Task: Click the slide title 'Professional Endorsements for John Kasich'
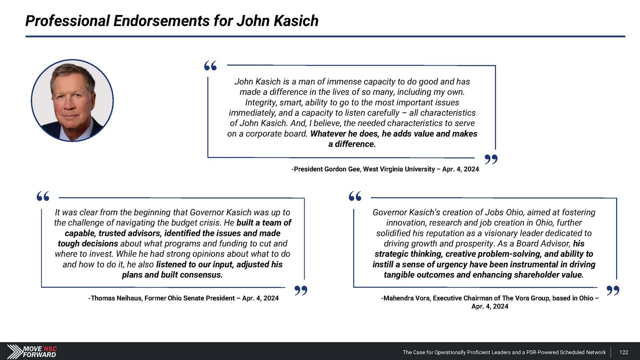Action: [x=172, y=21]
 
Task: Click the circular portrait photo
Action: [x=73, y=101]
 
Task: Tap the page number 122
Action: [x=623, y=352]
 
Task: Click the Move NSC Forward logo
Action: [x=32, y=351]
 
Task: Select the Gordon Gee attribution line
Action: [x=385, y=169]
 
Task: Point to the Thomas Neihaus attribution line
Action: [x=183, y=298]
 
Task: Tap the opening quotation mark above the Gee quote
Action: [x=210, y=66]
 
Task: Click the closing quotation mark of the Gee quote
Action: [x=491, y=160]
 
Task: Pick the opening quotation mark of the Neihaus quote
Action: [x=43, y=197]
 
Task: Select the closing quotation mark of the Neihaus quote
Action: [x=301, y=291]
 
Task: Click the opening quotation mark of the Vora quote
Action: [x=355, y=197]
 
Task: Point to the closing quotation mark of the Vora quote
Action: [x=613, y=291]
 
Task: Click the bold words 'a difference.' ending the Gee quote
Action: [x=352, y=144]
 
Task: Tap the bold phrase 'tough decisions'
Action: [x=88, y=244]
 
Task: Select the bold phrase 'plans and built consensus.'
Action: [x=172, y=275]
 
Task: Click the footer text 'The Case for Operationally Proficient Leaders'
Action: [x=456, y=352]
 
